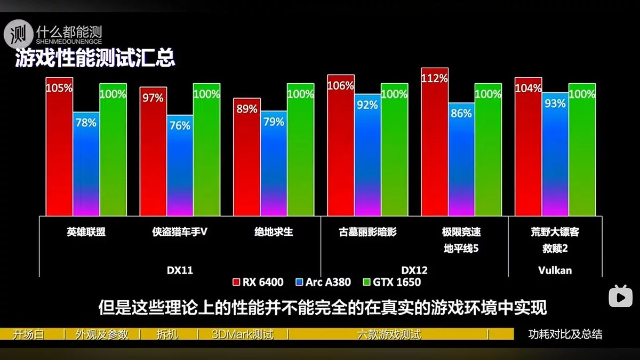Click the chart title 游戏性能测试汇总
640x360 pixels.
click(x=95, y=58)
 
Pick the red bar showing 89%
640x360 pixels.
click(x=247, y=157)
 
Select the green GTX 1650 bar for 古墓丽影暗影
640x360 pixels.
click(x=395, y=149)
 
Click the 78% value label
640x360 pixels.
click(x=86, y=123)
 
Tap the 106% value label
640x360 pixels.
click(x=341, y=85)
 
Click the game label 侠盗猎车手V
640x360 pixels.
click(x=179, y=232)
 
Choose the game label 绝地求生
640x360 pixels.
click(x=274, y=232)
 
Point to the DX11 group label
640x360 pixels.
click(x=179, y=270)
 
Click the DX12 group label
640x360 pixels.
click(x=414, y=270)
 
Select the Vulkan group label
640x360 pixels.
click(x=555, y=270)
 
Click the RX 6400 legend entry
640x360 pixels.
click(x=259, y=282)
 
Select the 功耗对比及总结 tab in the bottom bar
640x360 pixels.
click(x=565, y=334)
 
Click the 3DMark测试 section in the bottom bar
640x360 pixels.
click(x=242, y=334)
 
